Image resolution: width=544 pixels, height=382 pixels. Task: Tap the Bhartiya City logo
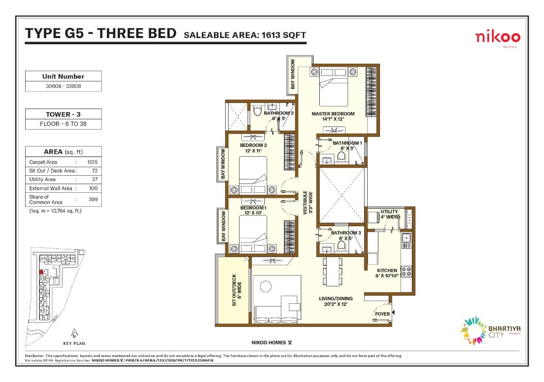point(490,331)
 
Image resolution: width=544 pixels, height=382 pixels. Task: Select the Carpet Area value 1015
point(92,162)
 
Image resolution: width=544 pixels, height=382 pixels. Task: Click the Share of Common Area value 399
point(93,199)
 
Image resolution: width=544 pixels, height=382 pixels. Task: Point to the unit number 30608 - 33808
point(63,86)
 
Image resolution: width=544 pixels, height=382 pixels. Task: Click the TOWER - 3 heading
point(63,114)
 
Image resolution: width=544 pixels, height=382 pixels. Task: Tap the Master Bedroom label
point(333,116)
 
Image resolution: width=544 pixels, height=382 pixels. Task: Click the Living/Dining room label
point(335,301)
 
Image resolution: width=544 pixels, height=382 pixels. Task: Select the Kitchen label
point(387,273)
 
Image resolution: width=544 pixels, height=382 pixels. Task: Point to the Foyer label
point(383,314)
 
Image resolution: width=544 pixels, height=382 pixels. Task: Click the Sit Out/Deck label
point(237,290)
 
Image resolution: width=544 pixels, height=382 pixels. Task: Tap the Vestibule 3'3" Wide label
point(307,203)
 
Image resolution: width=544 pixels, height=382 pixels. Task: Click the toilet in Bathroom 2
point(257,111)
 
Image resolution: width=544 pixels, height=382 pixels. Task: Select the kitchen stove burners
point(406,271)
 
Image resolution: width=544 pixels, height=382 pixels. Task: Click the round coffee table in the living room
point(266,287)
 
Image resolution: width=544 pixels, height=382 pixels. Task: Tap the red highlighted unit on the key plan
point(41,272)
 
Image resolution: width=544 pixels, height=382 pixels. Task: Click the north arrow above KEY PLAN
point(74,333)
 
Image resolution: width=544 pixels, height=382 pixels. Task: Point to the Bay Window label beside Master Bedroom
point(293,74)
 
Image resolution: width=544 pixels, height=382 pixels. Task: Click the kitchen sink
point(406,238)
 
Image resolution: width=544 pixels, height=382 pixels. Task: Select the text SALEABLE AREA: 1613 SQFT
point(245,35)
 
